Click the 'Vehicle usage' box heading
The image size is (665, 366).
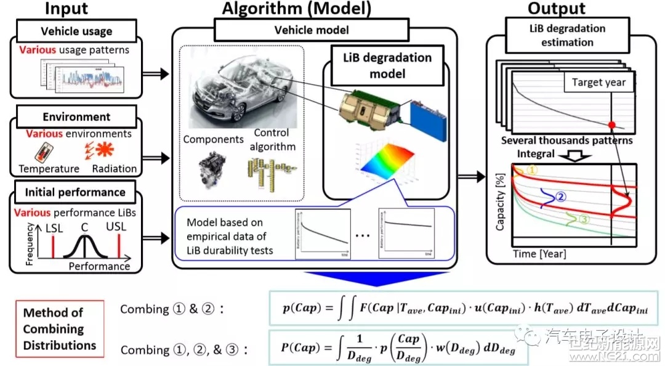(77, 31)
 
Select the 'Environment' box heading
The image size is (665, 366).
(76, 116)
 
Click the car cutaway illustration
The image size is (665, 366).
(237, 92)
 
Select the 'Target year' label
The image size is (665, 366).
(598, 82)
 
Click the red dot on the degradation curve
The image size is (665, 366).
(611, 125)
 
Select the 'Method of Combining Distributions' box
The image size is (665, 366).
(60, 329)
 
